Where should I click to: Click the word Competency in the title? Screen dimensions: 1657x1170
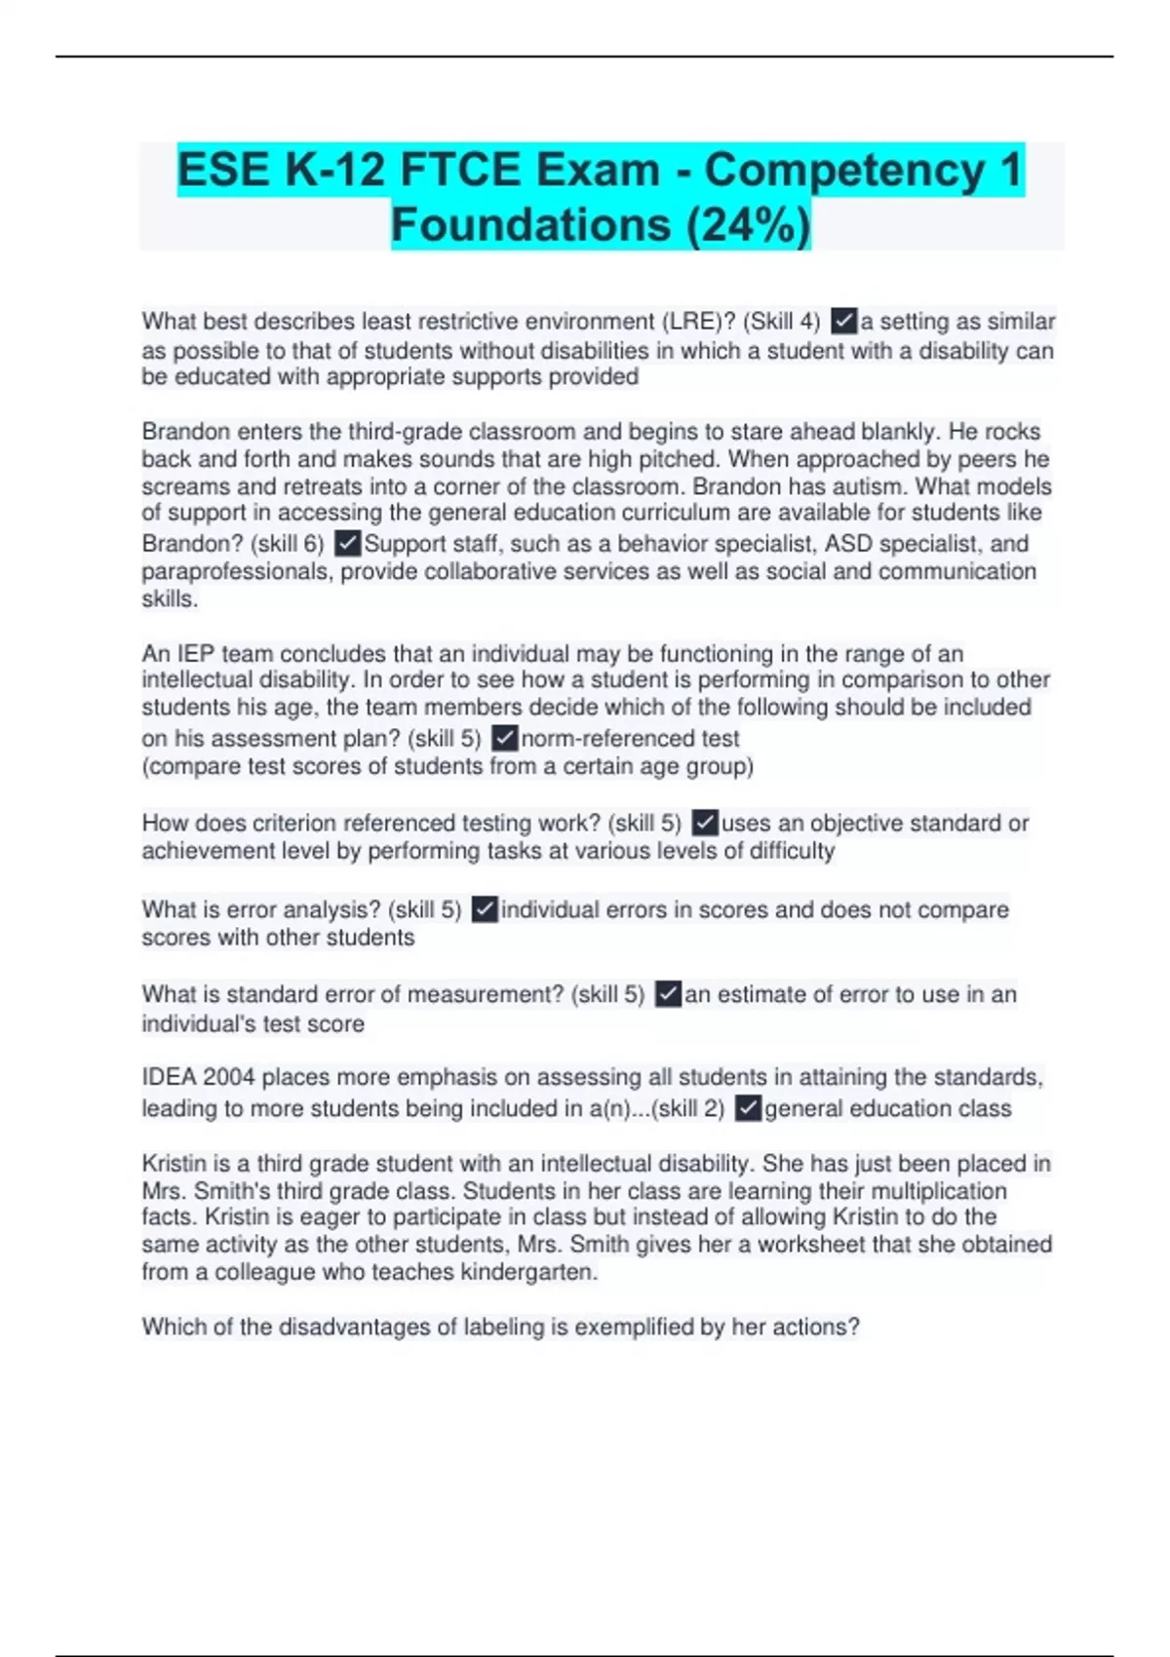tap(843, 170)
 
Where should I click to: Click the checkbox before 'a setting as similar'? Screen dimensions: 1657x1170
tap(843, 321)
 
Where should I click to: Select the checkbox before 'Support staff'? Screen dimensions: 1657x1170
tap(347, 543)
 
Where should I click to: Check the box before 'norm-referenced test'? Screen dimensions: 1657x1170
tap(504, 738)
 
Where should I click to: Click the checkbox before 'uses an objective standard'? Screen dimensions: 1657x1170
tap(704, 824)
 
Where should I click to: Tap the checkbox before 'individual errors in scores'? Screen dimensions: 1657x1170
tap(485, 909)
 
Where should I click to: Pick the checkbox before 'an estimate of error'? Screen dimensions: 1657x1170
tap(668, 994)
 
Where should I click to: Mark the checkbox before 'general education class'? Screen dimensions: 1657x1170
tap(748, 1108)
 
